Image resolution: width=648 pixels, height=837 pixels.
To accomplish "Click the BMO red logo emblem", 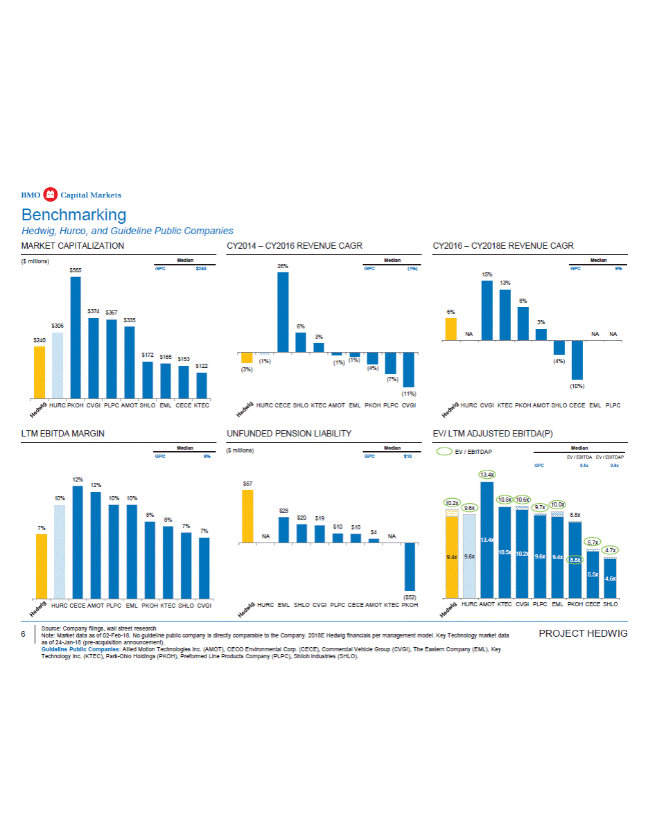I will pos(49,194).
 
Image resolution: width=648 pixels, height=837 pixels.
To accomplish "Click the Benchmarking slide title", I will pos(73,214).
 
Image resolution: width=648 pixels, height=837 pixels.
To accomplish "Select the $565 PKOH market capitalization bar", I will pos(76,337).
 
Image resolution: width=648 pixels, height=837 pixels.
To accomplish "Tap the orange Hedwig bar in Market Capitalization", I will pos(40,372).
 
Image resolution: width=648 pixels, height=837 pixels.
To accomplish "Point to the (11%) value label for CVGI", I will pos(408,394).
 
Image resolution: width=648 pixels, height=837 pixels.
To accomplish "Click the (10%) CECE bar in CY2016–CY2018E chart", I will pos(577,360).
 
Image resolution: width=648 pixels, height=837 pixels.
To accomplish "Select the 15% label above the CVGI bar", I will pos(487,274).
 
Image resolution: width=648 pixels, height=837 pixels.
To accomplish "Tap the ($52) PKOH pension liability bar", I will pos(410,566).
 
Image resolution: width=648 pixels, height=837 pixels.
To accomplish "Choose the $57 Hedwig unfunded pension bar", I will pos(247,516).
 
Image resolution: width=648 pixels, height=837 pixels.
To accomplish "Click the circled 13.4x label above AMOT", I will pos(487,475).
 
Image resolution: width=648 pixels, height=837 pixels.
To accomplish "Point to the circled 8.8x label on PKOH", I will pos(575,560).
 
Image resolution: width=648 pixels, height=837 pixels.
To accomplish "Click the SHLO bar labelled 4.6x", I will pos(610,578).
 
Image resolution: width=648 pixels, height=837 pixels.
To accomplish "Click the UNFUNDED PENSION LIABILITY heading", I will pos(289,434).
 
